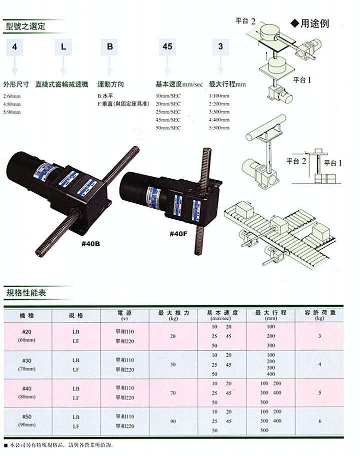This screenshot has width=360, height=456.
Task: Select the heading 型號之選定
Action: pos(25,26)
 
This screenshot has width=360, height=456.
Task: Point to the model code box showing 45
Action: pos(167,47)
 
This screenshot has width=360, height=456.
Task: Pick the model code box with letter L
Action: pos(63,47)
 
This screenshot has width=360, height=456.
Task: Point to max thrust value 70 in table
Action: pos(173,393)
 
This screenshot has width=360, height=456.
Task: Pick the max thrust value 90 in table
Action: pos(173,422)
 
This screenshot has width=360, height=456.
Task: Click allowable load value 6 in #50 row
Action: pos(319,422)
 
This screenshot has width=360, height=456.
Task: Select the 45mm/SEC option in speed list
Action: pos(168,119)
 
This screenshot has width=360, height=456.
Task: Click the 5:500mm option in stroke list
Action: pos(220,127)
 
